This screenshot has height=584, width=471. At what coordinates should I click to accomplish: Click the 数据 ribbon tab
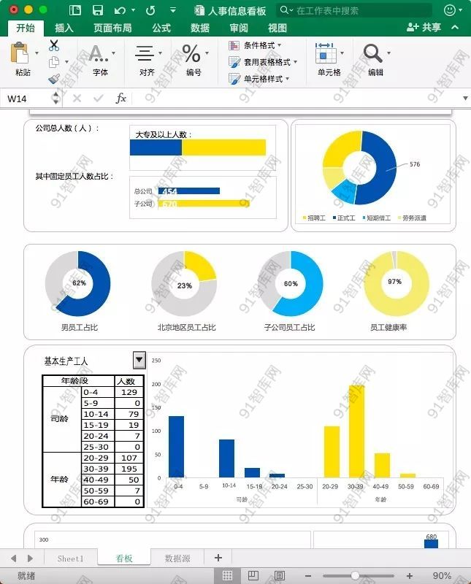tap(199, 28)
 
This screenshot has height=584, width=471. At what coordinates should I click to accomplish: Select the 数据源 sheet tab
tap(177, 558)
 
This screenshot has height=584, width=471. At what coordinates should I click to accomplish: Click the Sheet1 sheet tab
tap(71, 558)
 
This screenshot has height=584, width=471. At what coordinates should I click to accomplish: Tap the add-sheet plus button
tap(218, 558)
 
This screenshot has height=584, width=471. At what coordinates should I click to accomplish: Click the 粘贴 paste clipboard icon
tap(21, 55)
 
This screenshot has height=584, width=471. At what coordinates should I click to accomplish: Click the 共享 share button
tap(425, 27)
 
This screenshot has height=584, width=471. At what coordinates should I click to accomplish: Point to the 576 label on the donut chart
tap(415, 164)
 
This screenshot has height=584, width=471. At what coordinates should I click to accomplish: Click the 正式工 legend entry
tap(344, 218)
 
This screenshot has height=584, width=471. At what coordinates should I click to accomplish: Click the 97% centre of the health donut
tap(395, 282)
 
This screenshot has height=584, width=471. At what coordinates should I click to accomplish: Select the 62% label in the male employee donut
tap(79, 283)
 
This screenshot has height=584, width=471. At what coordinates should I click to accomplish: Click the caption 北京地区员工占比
tap(186, 328)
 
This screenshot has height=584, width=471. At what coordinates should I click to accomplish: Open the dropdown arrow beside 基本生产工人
tap(139, 360)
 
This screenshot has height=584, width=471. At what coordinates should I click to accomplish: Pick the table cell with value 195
tap(129, 469)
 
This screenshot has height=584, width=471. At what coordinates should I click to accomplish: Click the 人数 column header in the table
tap(126, 381)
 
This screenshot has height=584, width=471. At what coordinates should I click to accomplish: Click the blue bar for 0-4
tap(176, 447)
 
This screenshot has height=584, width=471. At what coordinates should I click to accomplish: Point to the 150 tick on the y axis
tap(156, 407)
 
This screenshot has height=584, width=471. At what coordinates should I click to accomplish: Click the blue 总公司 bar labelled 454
tap(189, 191)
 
